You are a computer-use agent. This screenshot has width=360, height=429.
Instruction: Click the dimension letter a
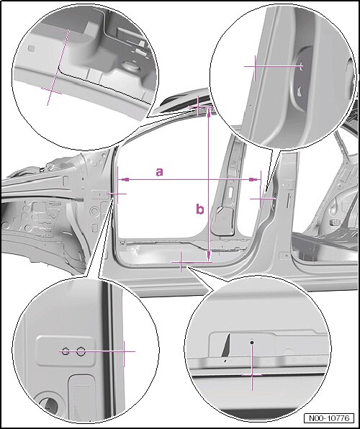tap(159, 172)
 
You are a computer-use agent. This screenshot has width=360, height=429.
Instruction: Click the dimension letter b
tap(200, 209)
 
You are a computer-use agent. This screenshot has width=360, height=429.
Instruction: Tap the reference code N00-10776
tap(329, 418)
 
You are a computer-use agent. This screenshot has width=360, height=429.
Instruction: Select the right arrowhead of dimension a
tap(253, 179)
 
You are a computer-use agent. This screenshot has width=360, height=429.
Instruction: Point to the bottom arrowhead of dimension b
tap(209, 256)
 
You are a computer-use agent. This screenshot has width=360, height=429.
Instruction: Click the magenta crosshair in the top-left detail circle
tap(51, 91)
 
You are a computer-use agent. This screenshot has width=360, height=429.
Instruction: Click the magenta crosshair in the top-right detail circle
tap(255, 66)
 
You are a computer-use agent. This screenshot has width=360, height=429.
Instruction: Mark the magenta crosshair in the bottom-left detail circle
tap(124, 351)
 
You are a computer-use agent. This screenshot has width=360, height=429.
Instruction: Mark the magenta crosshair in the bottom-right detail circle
tap(252, 375)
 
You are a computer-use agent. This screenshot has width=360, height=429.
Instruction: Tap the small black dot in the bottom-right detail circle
tap(252, 342)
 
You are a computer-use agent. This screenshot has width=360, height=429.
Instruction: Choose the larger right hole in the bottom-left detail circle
tap(81, 351)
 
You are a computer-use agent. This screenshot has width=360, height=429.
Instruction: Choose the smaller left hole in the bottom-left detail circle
tap(65, 351)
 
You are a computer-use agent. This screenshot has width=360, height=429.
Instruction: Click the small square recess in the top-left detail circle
tap(31, 48)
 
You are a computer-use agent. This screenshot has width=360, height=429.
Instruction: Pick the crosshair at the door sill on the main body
tap(181, 262)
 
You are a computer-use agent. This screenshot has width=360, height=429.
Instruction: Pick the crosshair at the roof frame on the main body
tap(199, 106)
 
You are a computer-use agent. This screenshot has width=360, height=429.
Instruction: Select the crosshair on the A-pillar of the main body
tap(117, 194)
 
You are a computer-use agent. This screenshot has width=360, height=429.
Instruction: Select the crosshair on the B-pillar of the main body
tap(261, 199)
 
